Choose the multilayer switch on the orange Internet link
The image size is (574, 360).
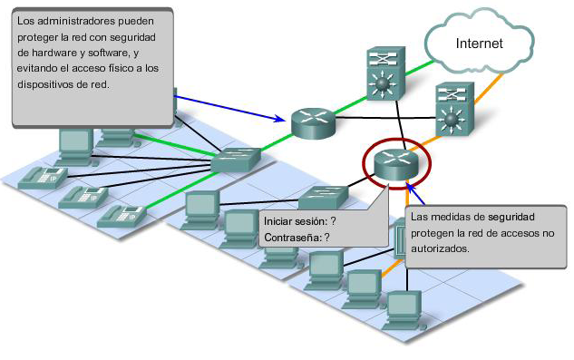click(x=451, y=110)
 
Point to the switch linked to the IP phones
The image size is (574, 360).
click(x=238, y=161)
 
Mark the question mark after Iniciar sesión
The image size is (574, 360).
click(x=334, y=221)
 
